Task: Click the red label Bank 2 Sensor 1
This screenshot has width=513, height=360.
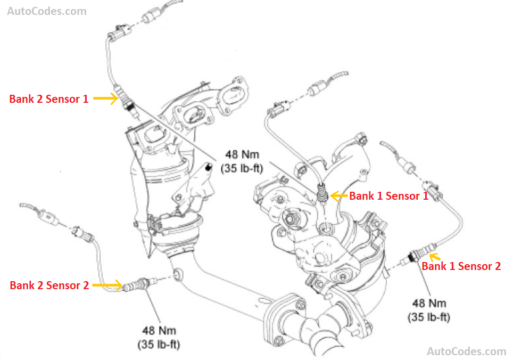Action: tap(49, 99)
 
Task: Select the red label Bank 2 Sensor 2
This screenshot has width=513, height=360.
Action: tap(49, 285)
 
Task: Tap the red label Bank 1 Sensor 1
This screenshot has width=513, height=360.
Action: tap(388, 196)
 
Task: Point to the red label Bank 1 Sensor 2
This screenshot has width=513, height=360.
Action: tap(461, 266)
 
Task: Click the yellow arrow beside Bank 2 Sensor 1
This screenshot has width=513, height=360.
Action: tap(106, 98)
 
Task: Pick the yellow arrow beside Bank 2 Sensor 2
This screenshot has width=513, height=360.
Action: tap(106, 285)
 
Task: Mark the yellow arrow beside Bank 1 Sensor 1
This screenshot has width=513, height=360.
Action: tap(338, 195)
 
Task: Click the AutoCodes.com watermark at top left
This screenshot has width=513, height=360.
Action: tap(46, 11)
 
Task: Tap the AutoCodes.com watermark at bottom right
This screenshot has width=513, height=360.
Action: tap(467, 351)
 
